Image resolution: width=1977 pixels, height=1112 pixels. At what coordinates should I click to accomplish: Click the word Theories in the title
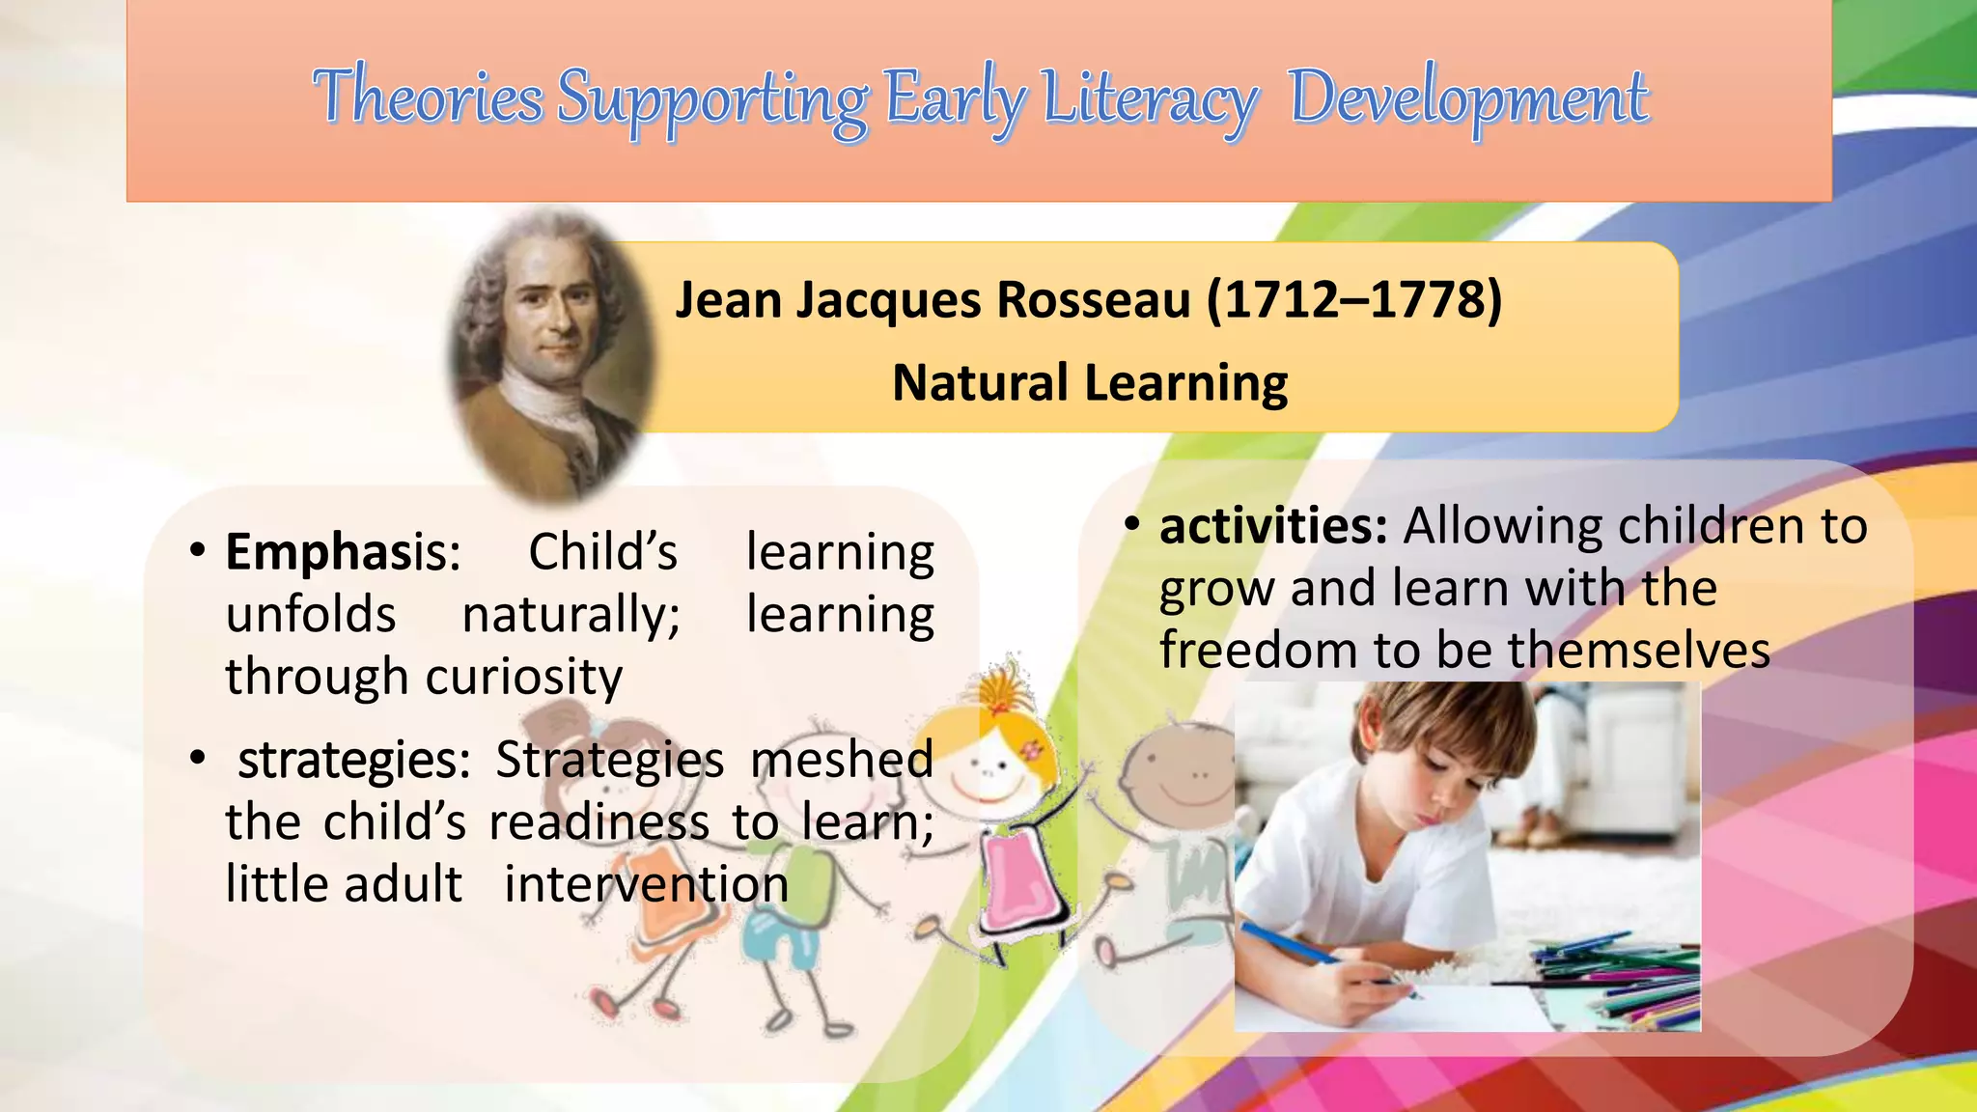(x=428, y=97)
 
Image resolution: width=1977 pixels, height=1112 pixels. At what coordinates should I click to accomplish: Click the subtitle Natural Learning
(x=1089, y=383)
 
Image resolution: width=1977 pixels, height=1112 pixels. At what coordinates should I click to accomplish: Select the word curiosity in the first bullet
(x=524, y=676)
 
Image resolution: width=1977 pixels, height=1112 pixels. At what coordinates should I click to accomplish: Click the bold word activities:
(x=1273, y=526)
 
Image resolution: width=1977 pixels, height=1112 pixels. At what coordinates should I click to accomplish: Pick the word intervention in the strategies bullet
(x=646, y=884)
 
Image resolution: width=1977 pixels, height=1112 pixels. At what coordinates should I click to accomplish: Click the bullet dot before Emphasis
(x=198, y=551)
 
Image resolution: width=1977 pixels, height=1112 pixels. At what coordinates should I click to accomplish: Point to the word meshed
(x=841, y=760)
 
